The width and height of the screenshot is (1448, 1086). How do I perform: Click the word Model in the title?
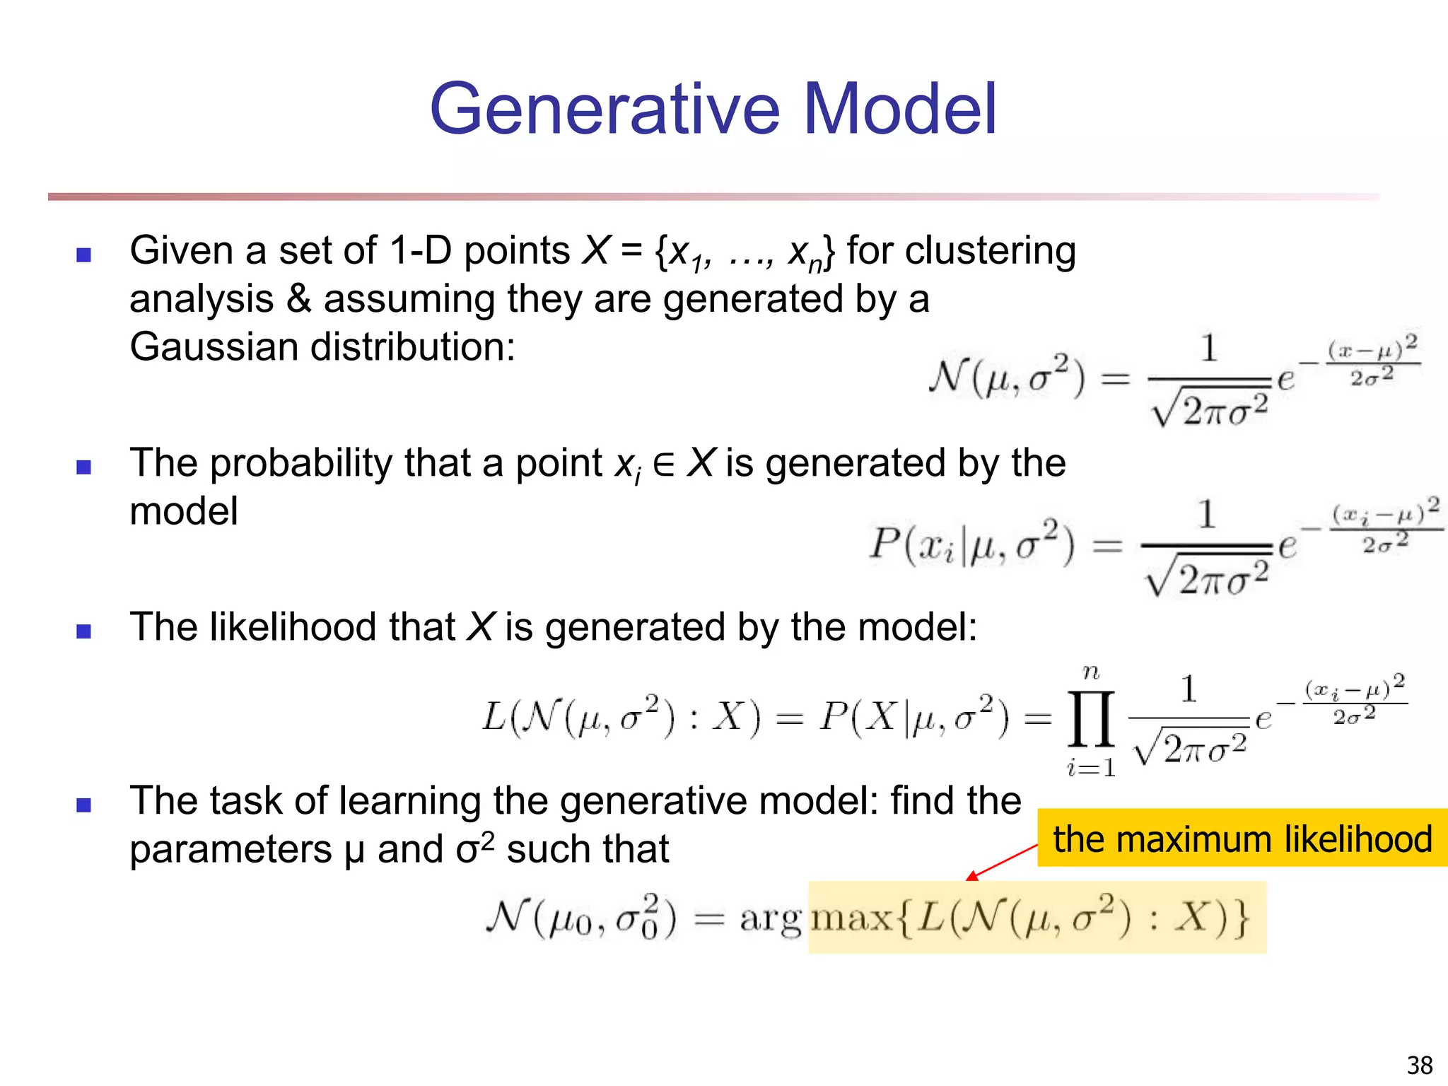[x=900, y=110]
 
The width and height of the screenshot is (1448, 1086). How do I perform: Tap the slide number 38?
[x=1420, y=1065]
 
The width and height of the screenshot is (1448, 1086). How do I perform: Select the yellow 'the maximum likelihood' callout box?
[x=1242, y=839]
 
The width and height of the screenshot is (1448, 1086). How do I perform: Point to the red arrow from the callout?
[x=1003, y=862]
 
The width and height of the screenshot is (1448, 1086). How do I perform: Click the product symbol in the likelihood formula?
[x=1091, y=720]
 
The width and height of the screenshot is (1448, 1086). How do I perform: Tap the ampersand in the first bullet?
[x=298, y=299]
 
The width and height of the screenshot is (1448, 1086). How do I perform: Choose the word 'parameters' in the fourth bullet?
[x=230, y=850]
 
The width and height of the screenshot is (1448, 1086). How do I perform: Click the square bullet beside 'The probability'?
[x=84, y=467]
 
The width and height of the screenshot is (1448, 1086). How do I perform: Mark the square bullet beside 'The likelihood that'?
[x=84, y=631]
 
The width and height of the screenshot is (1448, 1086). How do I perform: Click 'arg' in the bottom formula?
[x=770, y=920]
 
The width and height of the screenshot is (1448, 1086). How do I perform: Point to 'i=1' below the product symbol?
[x=1091, y=767]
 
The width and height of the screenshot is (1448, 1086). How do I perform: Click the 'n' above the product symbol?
[x=1091, y=672]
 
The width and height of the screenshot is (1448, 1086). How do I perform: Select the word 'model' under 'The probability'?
[x=184, y=512]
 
